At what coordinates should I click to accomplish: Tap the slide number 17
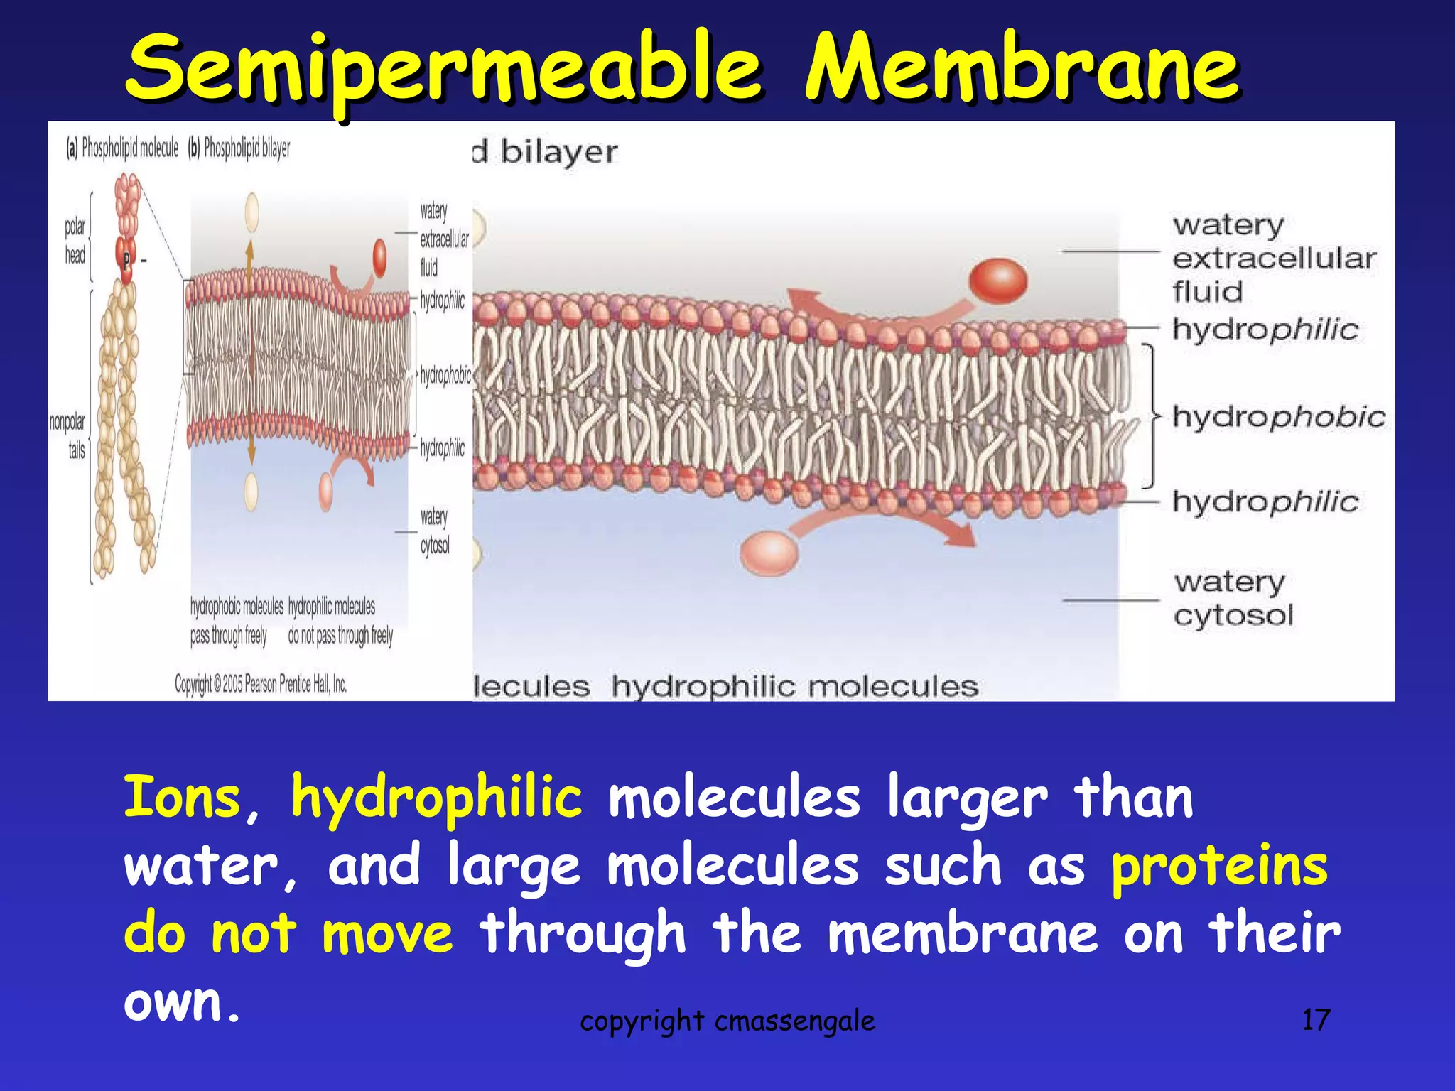click(1315, 1020)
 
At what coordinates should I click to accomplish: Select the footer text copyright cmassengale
click(727, 1021)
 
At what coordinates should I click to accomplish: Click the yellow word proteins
click(1219, 866)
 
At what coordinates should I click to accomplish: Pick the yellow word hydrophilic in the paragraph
click(436, 798)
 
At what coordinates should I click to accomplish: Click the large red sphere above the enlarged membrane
click(998, 281)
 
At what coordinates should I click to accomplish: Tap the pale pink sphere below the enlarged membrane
click(769, 553)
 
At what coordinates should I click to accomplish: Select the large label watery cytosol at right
click(1233, 599)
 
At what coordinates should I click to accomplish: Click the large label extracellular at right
click(1274, 259)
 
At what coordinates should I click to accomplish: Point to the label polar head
click(75, 241)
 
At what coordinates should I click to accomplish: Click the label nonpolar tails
click(68, 435)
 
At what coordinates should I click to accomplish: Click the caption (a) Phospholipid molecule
click(122, 148)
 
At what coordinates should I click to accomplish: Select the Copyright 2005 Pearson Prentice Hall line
click(261, 684)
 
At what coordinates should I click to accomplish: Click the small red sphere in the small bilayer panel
click(380, 257)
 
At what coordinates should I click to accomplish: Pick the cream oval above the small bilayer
click(251, 212)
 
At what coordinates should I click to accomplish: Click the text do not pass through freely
click(340, 635)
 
